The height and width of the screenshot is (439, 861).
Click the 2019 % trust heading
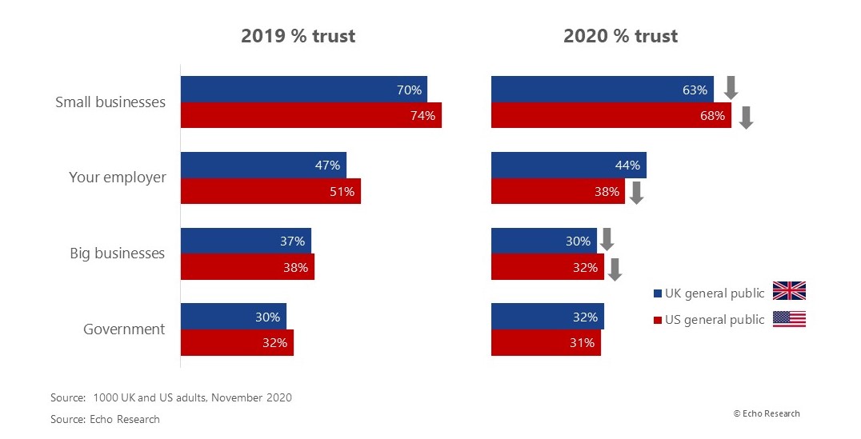[x=298, y=36]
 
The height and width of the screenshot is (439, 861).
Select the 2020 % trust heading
[x=620, y=36]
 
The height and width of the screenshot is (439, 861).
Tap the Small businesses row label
[x=110, y=102]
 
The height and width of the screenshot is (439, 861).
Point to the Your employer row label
[x=117, y=178]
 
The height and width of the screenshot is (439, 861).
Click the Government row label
[x=124, y=329]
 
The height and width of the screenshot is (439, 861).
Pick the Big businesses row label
[x=117, y=253]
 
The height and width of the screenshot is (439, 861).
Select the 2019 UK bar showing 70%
[x=303, y=90]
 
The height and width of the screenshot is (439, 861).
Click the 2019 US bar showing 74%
[x=310, y=115]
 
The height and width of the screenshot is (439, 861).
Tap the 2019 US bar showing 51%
[x=270, y=191]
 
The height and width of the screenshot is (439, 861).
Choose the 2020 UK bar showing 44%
[x=568, y=165]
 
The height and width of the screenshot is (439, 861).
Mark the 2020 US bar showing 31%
[x=546, y=343]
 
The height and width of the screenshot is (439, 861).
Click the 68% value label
[x=712, y=116]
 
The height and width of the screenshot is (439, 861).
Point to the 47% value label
[x=328, y=166]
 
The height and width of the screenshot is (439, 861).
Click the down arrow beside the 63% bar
[x=730, y=87]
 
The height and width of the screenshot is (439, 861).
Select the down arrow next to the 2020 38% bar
[x=636, y=193]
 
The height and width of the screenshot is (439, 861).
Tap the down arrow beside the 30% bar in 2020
[x=607, y=239]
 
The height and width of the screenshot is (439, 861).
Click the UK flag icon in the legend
[x=789, y=291]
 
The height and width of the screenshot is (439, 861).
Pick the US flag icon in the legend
[x=789, y=318]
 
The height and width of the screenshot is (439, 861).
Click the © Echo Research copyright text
[x=766, y=413]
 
